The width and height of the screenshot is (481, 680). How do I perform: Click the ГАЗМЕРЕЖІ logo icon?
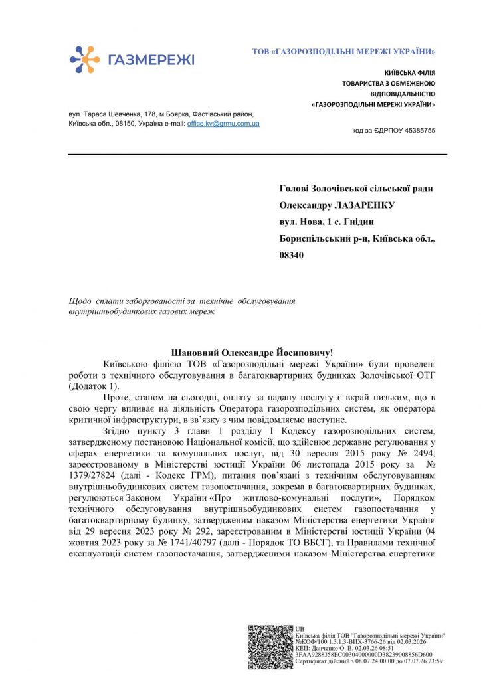coord(84,59)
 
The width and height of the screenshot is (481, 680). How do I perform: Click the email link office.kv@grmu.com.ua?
coord(223,124)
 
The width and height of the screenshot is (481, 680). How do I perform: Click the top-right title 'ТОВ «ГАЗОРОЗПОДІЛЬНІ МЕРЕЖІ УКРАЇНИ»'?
coord(344,51)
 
